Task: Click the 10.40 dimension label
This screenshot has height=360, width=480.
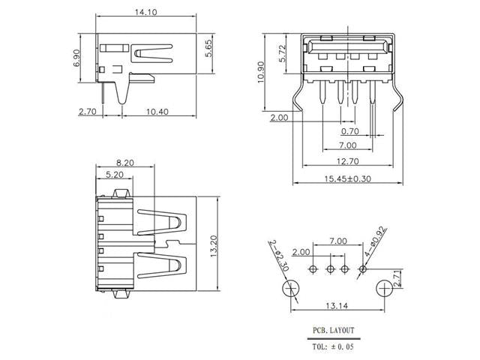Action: pyautogui.click(x=157, y=112)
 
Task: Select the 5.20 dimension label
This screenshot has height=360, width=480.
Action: pyautogui.click(x=115, y=175)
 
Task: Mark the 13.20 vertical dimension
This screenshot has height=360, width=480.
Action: pyautogui.click(x=214, y=244)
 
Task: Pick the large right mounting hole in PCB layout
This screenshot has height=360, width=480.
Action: pyautogui.click(x=384, y=289)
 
